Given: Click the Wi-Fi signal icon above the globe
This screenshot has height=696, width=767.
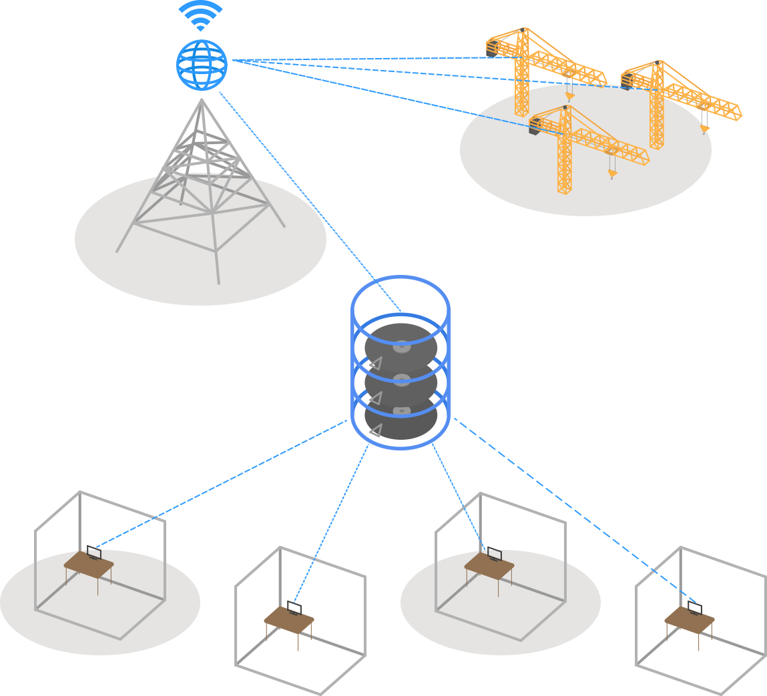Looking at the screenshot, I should click(200, 17).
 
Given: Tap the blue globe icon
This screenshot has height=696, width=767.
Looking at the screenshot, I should click(202, 64).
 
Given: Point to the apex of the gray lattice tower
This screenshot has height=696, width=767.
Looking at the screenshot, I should click(202, 100).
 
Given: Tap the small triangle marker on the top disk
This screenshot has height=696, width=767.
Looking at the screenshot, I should click(376, 364).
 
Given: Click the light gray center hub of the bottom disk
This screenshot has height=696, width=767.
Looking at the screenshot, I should click(401, 410).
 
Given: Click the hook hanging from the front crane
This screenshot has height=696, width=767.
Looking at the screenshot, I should click(611, 174).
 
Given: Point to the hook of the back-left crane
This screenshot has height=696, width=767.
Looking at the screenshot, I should click(569, 97).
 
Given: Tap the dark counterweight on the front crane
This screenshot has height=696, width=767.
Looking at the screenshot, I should click(535, 127).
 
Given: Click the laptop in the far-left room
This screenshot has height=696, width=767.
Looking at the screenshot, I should click(93, 553).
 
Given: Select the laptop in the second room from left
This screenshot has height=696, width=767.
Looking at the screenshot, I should click(294, 609).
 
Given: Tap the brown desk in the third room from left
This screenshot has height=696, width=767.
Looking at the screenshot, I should click(489, 566).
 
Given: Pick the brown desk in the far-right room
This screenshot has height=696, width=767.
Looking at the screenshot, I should click(690, 620).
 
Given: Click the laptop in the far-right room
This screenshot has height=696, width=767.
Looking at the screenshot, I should click(695, 608).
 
